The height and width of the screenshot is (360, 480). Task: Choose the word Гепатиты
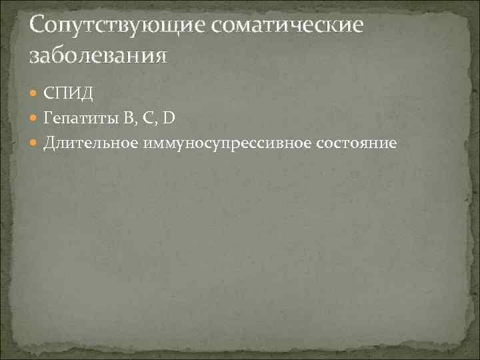coord(79,118)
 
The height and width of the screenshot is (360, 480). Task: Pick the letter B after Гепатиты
coord(127,118)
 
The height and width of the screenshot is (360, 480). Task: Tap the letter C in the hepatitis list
coord(149,118)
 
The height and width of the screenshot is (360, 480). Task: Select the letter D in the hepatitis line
coord(169,118)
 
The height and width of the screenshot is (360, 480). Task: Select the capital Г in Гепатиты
coord(48,118)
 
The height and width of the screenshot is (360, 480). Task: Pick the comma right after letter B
coord(135,122)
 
